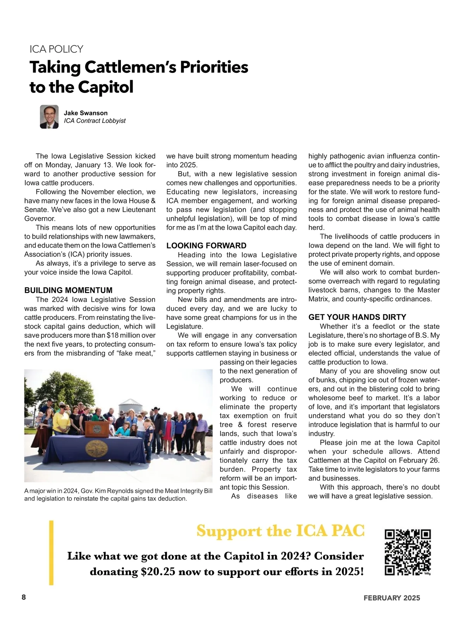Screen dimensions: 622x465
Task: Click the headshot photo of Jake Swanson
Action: (x=49, y=117)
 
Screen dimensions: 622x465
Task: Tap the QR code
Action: (x=407, y=552)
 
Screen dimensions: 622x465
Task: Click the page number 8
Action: (x=24, y=597)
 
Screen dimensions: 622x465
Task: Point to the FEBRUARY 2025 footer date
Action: (x=391, y=598)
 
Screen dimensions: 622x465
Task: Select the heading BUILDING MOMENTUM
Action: (x=68, y=290)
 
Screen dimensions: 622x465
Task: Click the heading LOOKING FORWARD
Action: (x=206, y=246)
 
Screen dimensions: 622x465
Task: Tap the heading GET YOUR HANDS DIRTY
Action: (x=357, y=317)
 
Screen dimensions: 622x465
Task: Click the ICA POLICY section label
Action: (x=56, y=49)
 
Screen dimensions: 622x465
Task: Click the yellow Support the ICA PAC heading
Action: (x=280, y=531)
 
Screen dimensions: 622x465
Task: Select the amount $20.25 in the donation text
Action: (x=158, y=572)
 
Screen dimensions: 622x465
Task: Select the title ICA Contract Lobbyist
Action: (x=95, y=121)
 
